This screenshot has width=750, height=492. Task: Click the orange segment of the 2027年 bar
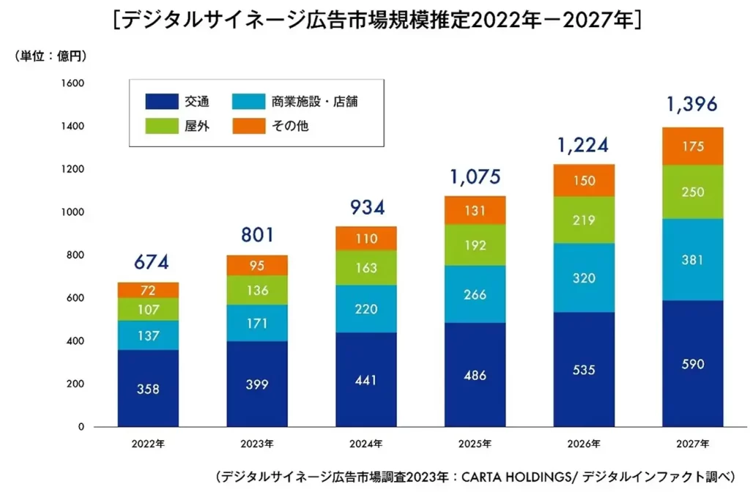click(693, 146)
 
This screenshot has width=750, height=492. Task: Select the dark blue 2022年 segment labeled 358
click(148, 388)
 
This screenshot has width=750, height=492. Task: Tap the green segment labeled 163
click(365, 267)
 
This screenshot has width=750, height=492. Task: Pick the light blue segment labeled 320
click(584, 278)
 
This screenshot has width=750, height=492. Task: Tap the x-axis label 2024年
click(365, 444)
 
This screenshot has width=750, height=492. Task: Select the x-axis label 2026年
click(584, 444)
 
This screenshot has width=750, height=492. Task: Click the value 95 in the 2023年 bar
click(257, 266)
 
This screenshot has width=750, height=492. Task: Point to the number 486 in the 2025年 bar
click(475, 374)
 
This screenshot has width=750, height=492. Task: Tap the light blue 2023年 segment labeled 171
click(257, 323)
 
